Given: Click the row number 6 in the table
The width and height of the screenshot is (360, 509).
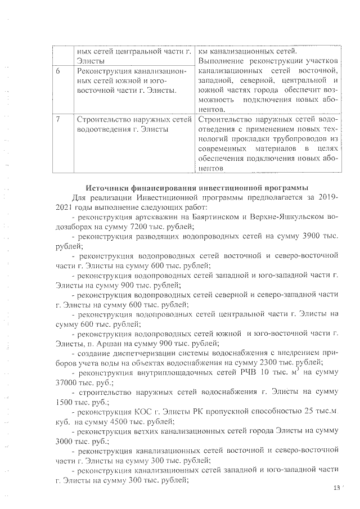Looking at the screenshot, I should coord(58,71).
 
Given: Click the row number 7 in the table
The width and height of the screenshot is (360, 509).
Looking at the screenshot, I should coord(58,119).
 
